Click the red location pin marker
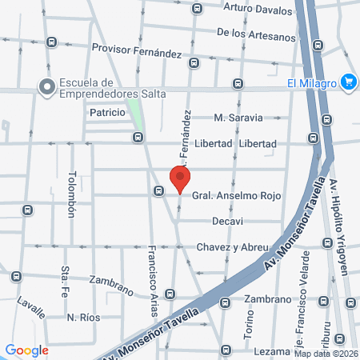pos(181,179)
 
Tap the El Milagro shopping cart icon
pos(348,82)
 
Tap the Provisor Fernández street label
pos(137,50)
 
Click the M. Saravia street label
pos(238,118)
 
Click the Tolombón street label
pos(71,194)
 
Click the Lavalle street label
pos(31,308)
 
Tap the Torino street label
pos(248,324)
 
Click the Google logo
pos(26,350)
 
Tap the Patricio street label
pos(107,113)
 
